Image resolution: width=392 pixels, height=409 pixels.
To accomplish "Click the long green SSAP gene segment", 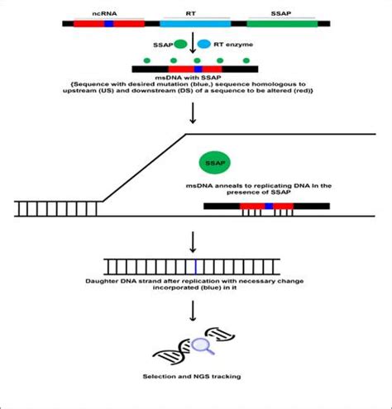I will tap(282, 23).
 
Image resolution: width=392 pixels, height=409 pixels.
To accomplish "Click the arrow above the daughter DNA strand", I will tap(193, 241).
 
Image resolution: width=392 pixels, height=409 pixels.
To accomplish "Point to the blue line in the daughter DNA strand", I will tap(195, 265).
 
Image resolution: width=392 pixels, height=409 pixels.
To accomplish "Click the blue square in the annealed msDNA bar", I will tap(267, 204).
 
